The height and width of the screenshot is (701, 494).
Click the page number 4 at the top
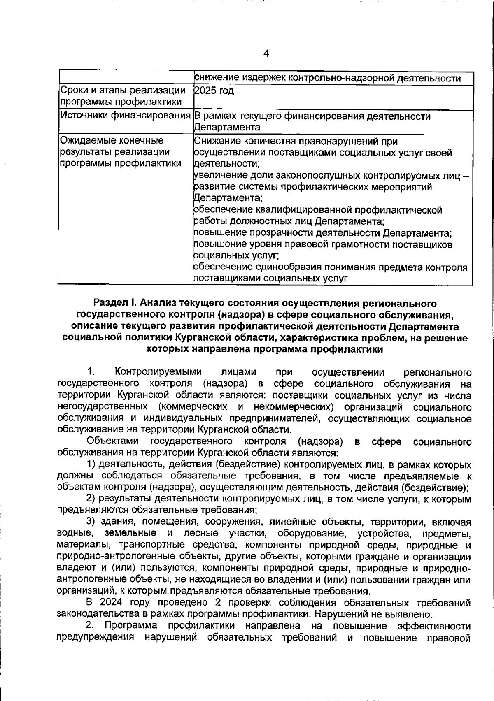point(266,53)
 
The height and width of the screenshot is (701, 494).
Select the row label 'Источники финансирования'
point(126,116)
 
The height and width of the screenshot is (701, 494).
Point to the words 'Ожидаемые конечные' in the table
point(112,141)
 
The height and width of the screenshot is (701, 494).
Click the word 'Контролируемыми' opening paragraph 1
point(158,372)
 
